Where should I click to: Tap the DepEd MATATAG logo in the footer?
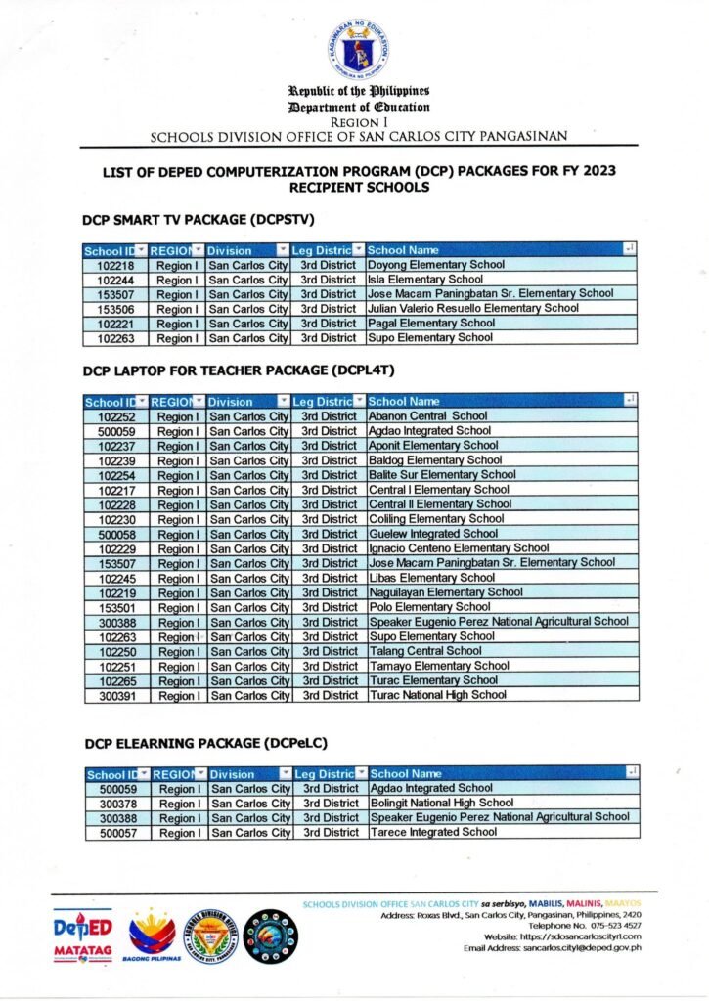[x=83, y=936]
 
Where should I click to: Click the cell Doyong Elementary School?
[x=436, y=265]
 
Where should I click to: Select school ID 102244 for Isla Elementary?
[x=115, y=280]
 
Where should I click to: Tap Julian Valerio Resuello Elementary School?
[x=473, y=309]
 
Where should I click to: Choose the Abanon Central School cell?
[x=427, y=416]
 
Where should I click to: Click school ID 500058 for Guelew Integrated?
[x=115, y=534]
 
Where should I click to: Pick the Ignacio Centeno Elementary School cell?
[x=459, y=548]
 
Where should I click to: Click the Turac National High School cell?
[x=437, y=695]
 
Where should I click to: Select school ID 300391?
[x=115, y=695]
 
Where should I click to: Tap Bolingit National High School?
[x=442, y=803]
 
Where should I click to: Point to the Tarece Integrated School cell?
[x=434, y=832]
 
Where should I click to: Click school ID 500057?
[x=117, y=833]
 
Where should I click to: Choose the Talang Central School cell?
[x=425, y=651]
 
